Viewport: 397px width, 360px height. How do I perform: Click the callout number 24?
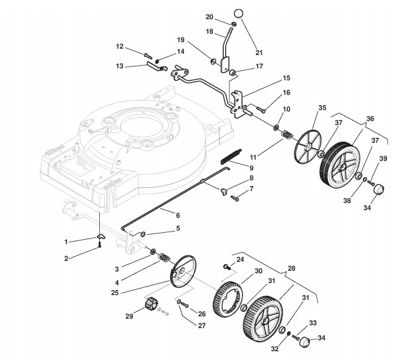(240, 259)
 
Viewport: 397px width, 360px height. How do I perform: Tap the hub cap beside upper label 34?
(379, 190)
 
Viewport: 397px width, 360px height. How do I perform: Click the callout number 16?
(286, 93)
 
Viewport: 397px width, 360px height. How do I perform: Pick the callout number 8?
(252, 180)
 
